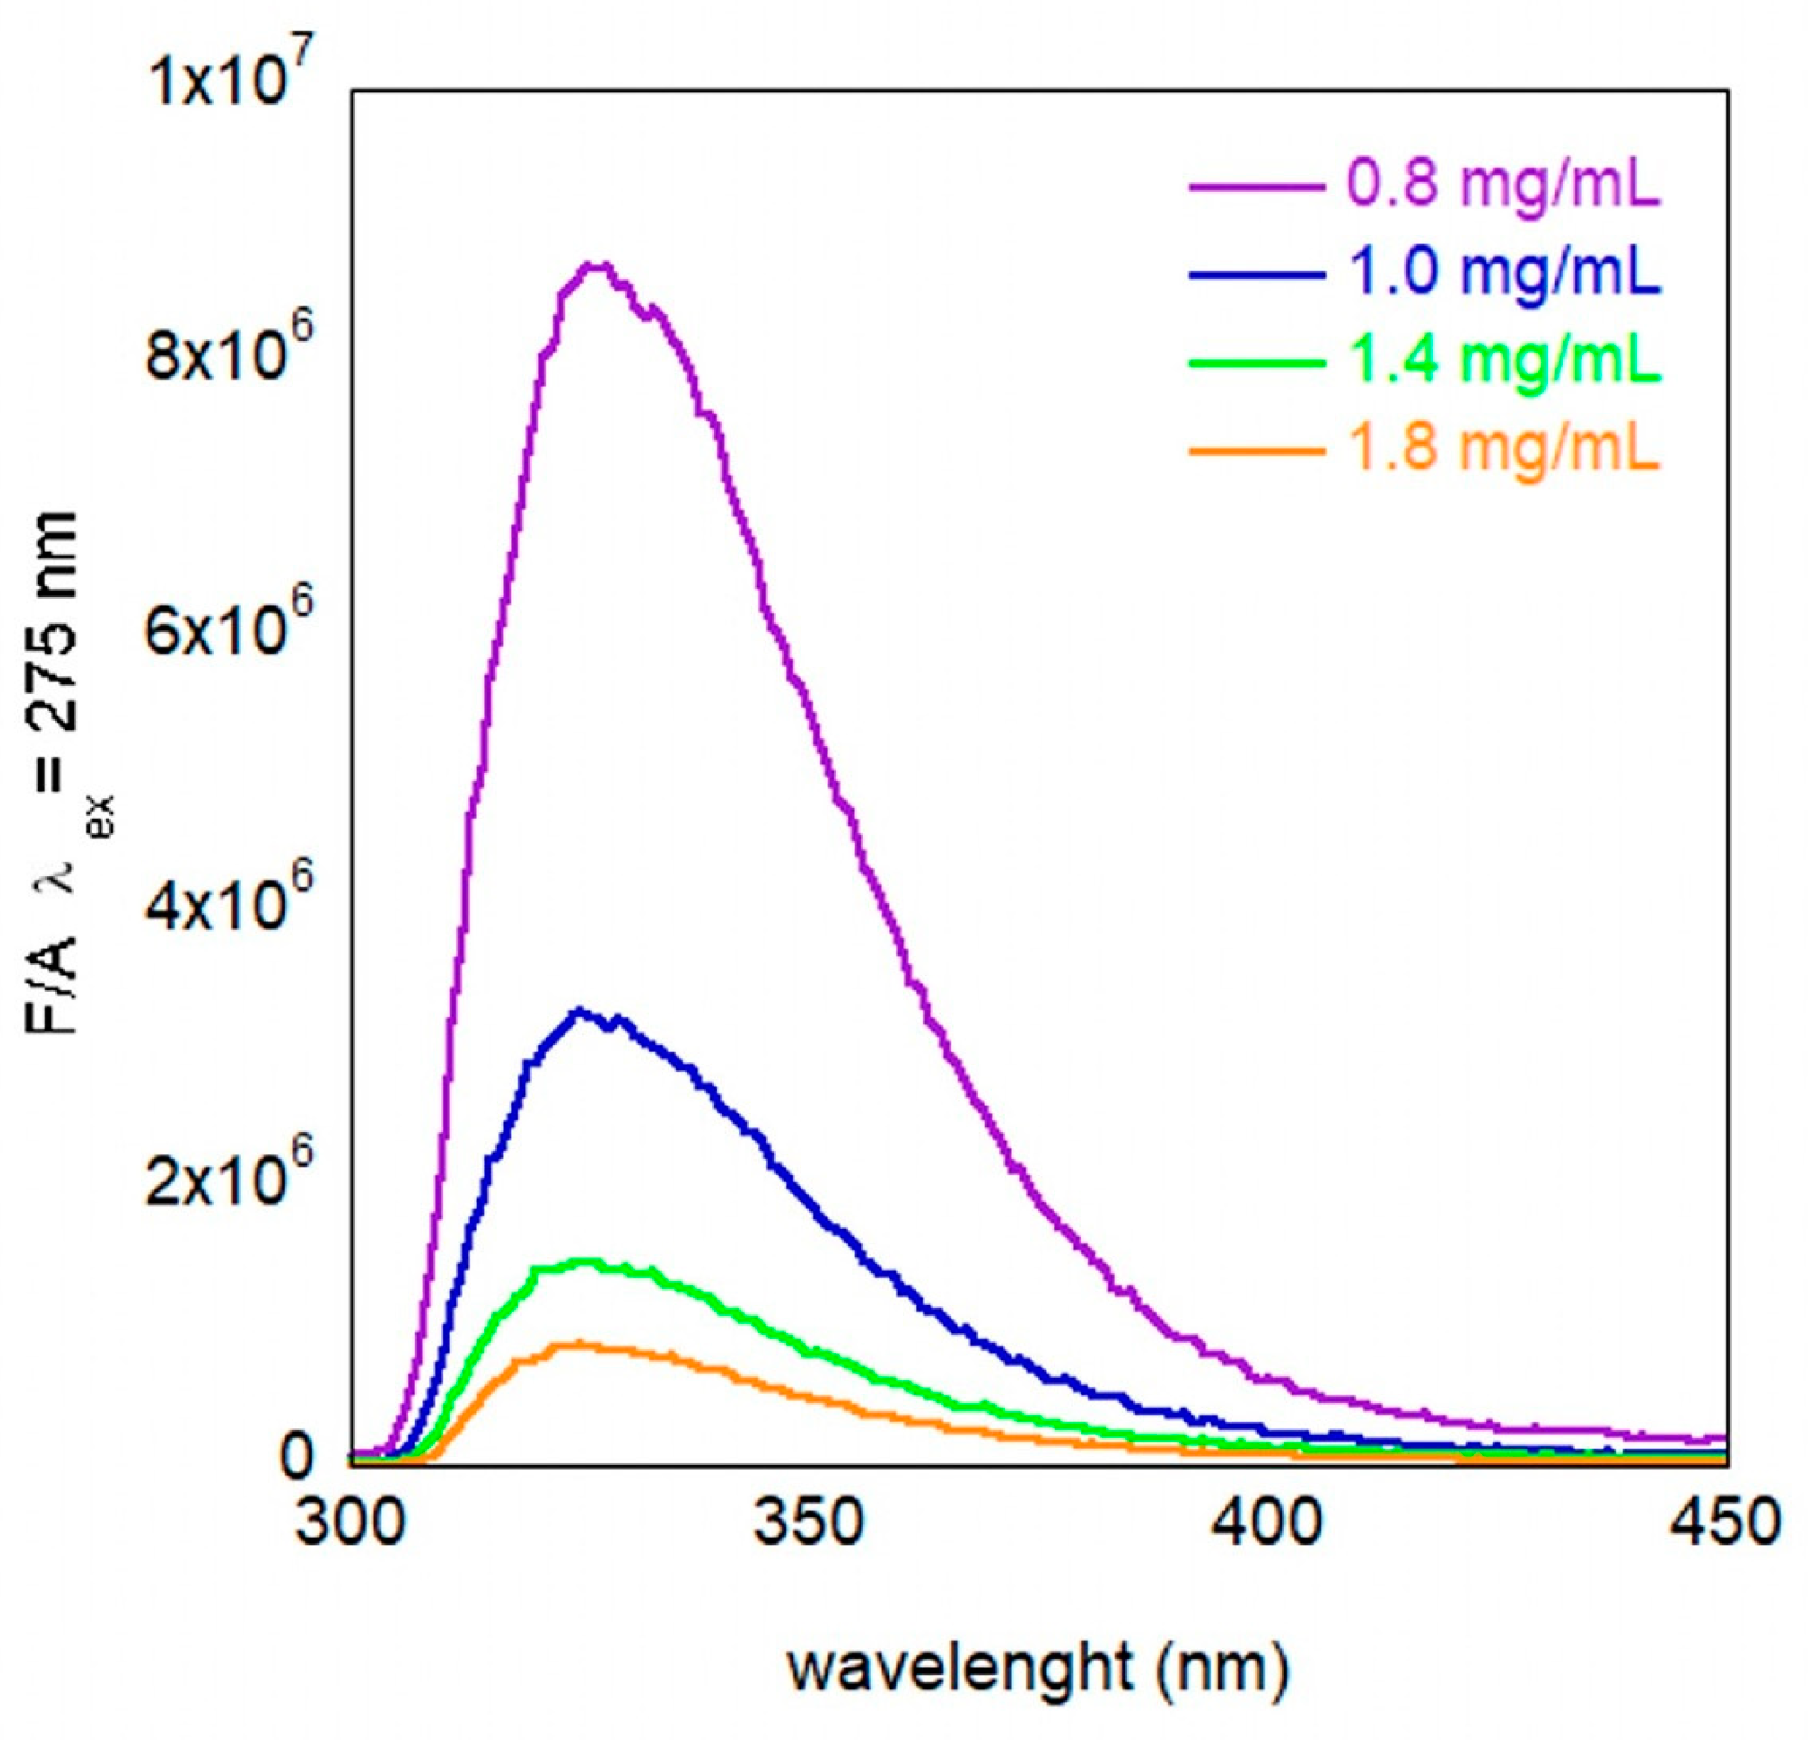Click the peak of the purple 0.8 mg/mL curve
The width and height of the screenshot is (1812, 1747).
point(597,266)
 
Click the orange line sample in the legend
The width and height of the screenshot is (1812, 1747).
point(1255,451)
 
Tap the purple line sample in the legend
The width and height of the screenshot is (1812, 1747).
point(1255,187)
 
